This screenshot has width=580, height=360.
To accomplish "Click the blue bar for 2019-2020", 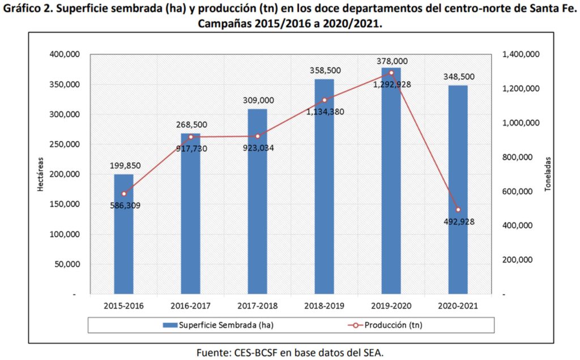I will pyautogui.click(x=391, y=181).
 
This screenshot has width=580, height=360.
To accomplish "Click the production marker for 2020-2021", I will pyautogui.click(x=458, y=209).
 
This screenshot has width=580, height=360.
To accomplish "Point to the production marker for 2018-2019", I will pyautogui.click(x=325, y=100).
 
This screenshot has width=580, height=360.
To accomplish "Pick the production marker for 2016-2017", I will pyautogui.click(x=190, y=137).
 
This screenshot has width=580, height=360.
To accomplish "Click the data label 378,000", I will pyautogui.click(x=391, y=61).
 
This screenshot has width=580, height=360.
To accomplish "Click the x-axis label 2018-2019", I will pyautogui.click(x=323, y=306).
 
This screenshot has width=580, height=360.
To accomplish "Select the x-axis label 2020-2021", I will pyautogui.click(x=457, y=306).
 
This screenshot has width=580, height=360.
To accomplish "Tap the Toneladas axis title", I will pyautogui.click(x=548, y=174).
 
